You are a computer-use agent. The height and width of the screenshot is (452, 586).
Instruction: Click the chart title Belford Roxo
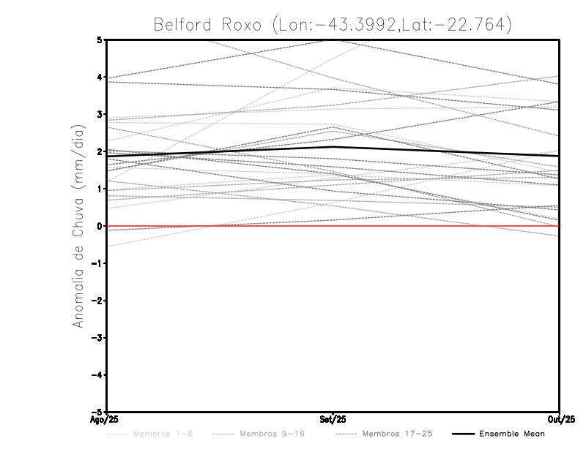(332, 24)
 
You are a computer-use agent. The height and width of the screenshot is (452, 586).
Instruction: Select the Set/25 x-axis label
(333, 419)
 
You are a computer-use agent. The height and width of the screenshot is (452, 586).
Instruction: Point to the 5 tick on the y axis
(99, 39)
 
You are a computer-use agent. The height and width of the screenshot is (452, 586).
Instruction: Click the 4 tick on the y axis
(99, 77)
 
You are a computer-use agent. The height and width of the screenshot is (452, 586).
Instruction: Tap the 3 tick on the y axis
(99, 114)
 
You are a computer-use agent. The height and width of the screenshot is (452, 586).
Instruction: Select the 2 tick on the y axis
(99, 151)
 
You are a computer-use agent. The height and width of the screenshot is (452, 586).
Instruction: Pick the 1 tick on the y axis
(99, 189)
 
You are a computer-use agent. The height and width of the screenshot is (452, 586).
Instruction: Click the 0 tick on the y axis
(99, 226)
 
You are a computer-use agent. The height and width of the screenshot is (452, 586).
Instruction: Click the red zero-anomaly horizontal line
(439, 226)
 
